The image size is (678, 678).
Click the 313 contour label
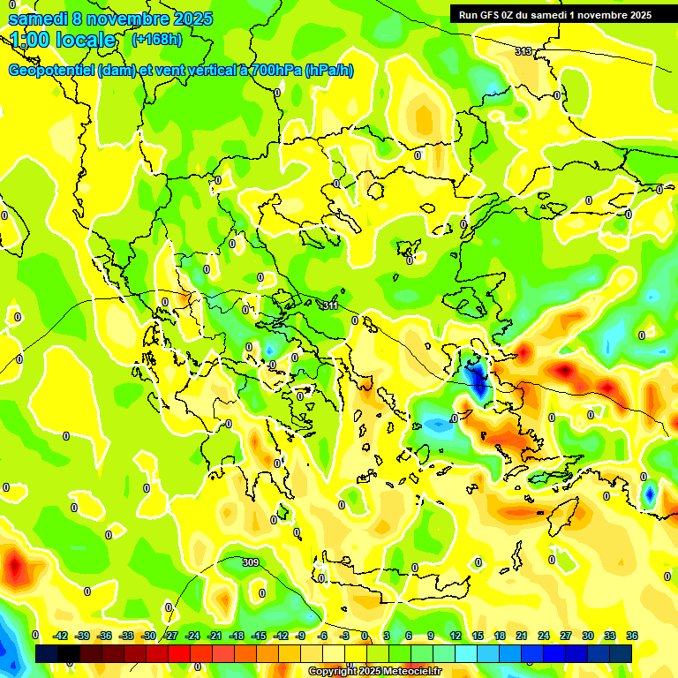[x=524, y=52]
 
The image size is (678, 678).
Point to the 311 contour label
[x=329, y=305]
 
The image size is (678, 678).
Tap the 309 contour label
[x=251, y=562]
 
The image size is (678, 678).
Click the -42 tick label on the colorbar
[x=60, y=636]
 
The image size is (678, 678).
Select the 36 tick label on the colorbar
[x=632, y=636]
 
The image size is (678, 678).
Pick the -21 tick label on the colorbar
[x=215, y=636]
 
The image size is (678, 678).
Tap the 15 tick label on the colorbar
[x=478, y=636]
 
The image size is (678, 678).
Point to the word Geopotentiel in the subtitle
[x=51, y=71]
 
